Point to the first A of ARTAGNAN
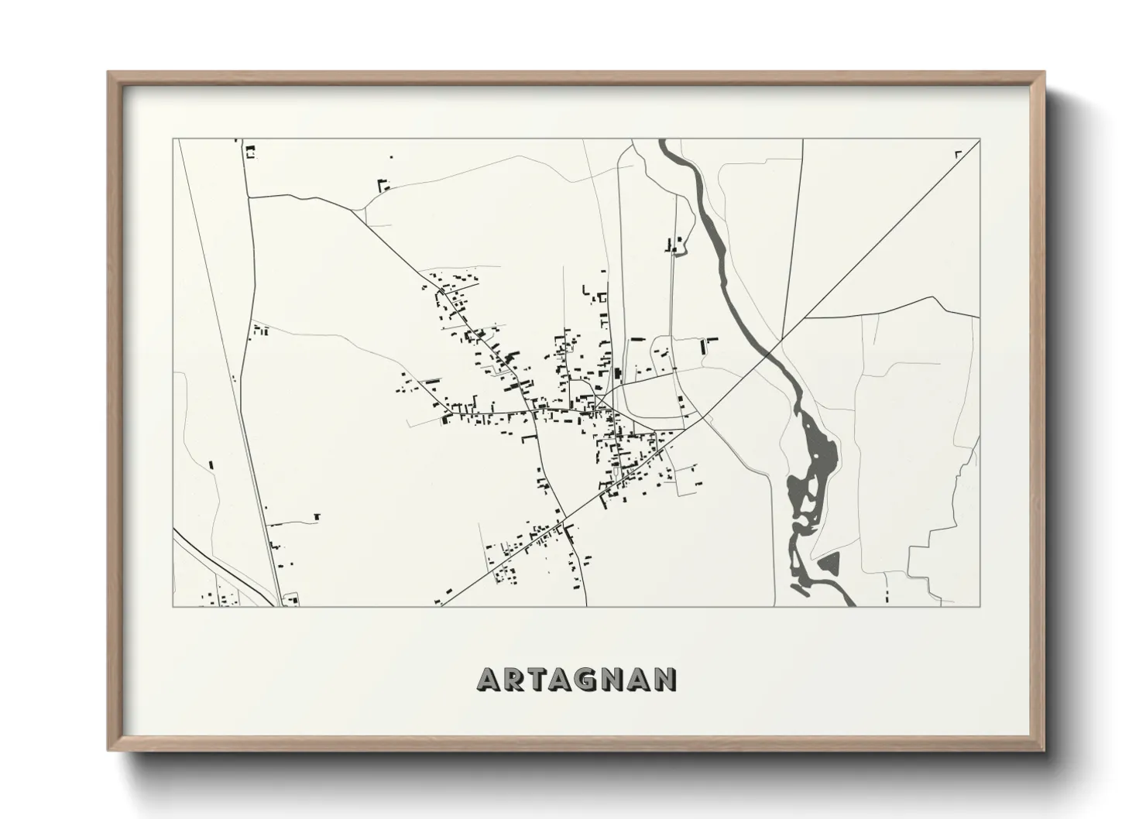pyautogui.click(x=490, y=679)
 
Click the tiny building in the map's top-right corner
pyautogui.click(x=959, y=154)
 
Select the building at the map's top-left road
pyautogui.click(x=249, y=151)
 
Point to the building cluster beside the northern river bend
pyautogui.click(x=674, y=245)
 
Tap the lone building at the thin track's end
pyautogui.click(x=316, y=516)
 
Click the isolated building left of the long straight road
pyautogui.click(x=211, y=465)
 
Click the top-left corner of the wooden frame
pyautogui.click(x=109, y=74)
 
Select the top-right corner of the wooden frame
pyautogui.click(x=1043, y=74)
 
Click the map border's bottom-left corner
pyautogui.click(x=173, y=606)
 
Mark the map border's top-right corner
pyautogui.click(x=980, y=139)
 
